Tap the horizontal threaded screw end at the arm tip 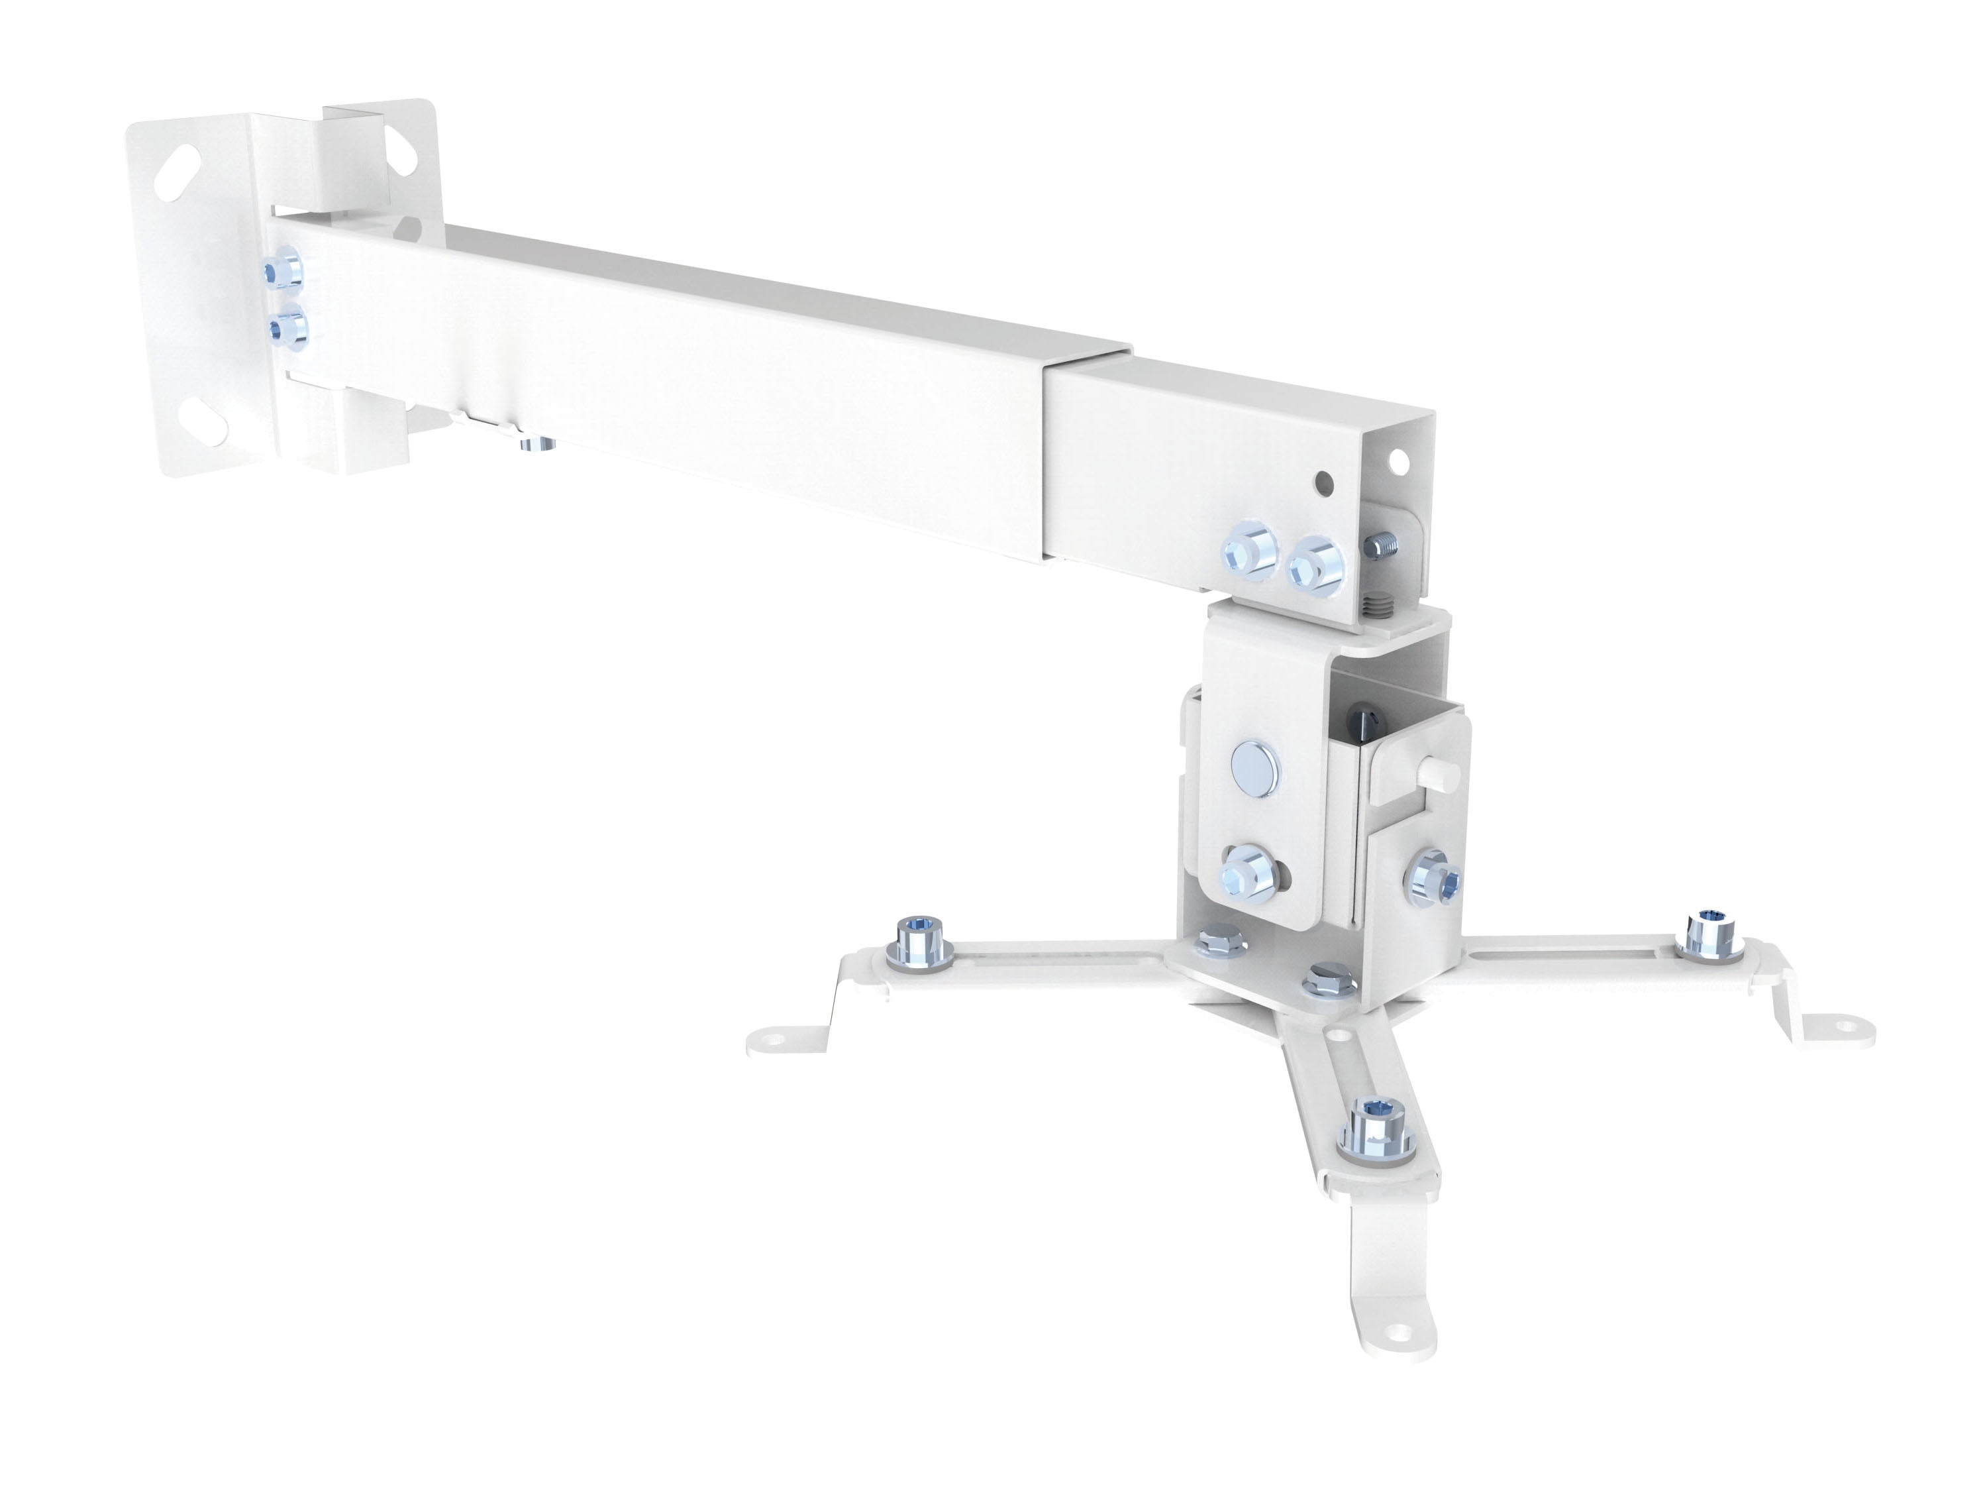pyautogui.click(x=1384, y=544)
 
